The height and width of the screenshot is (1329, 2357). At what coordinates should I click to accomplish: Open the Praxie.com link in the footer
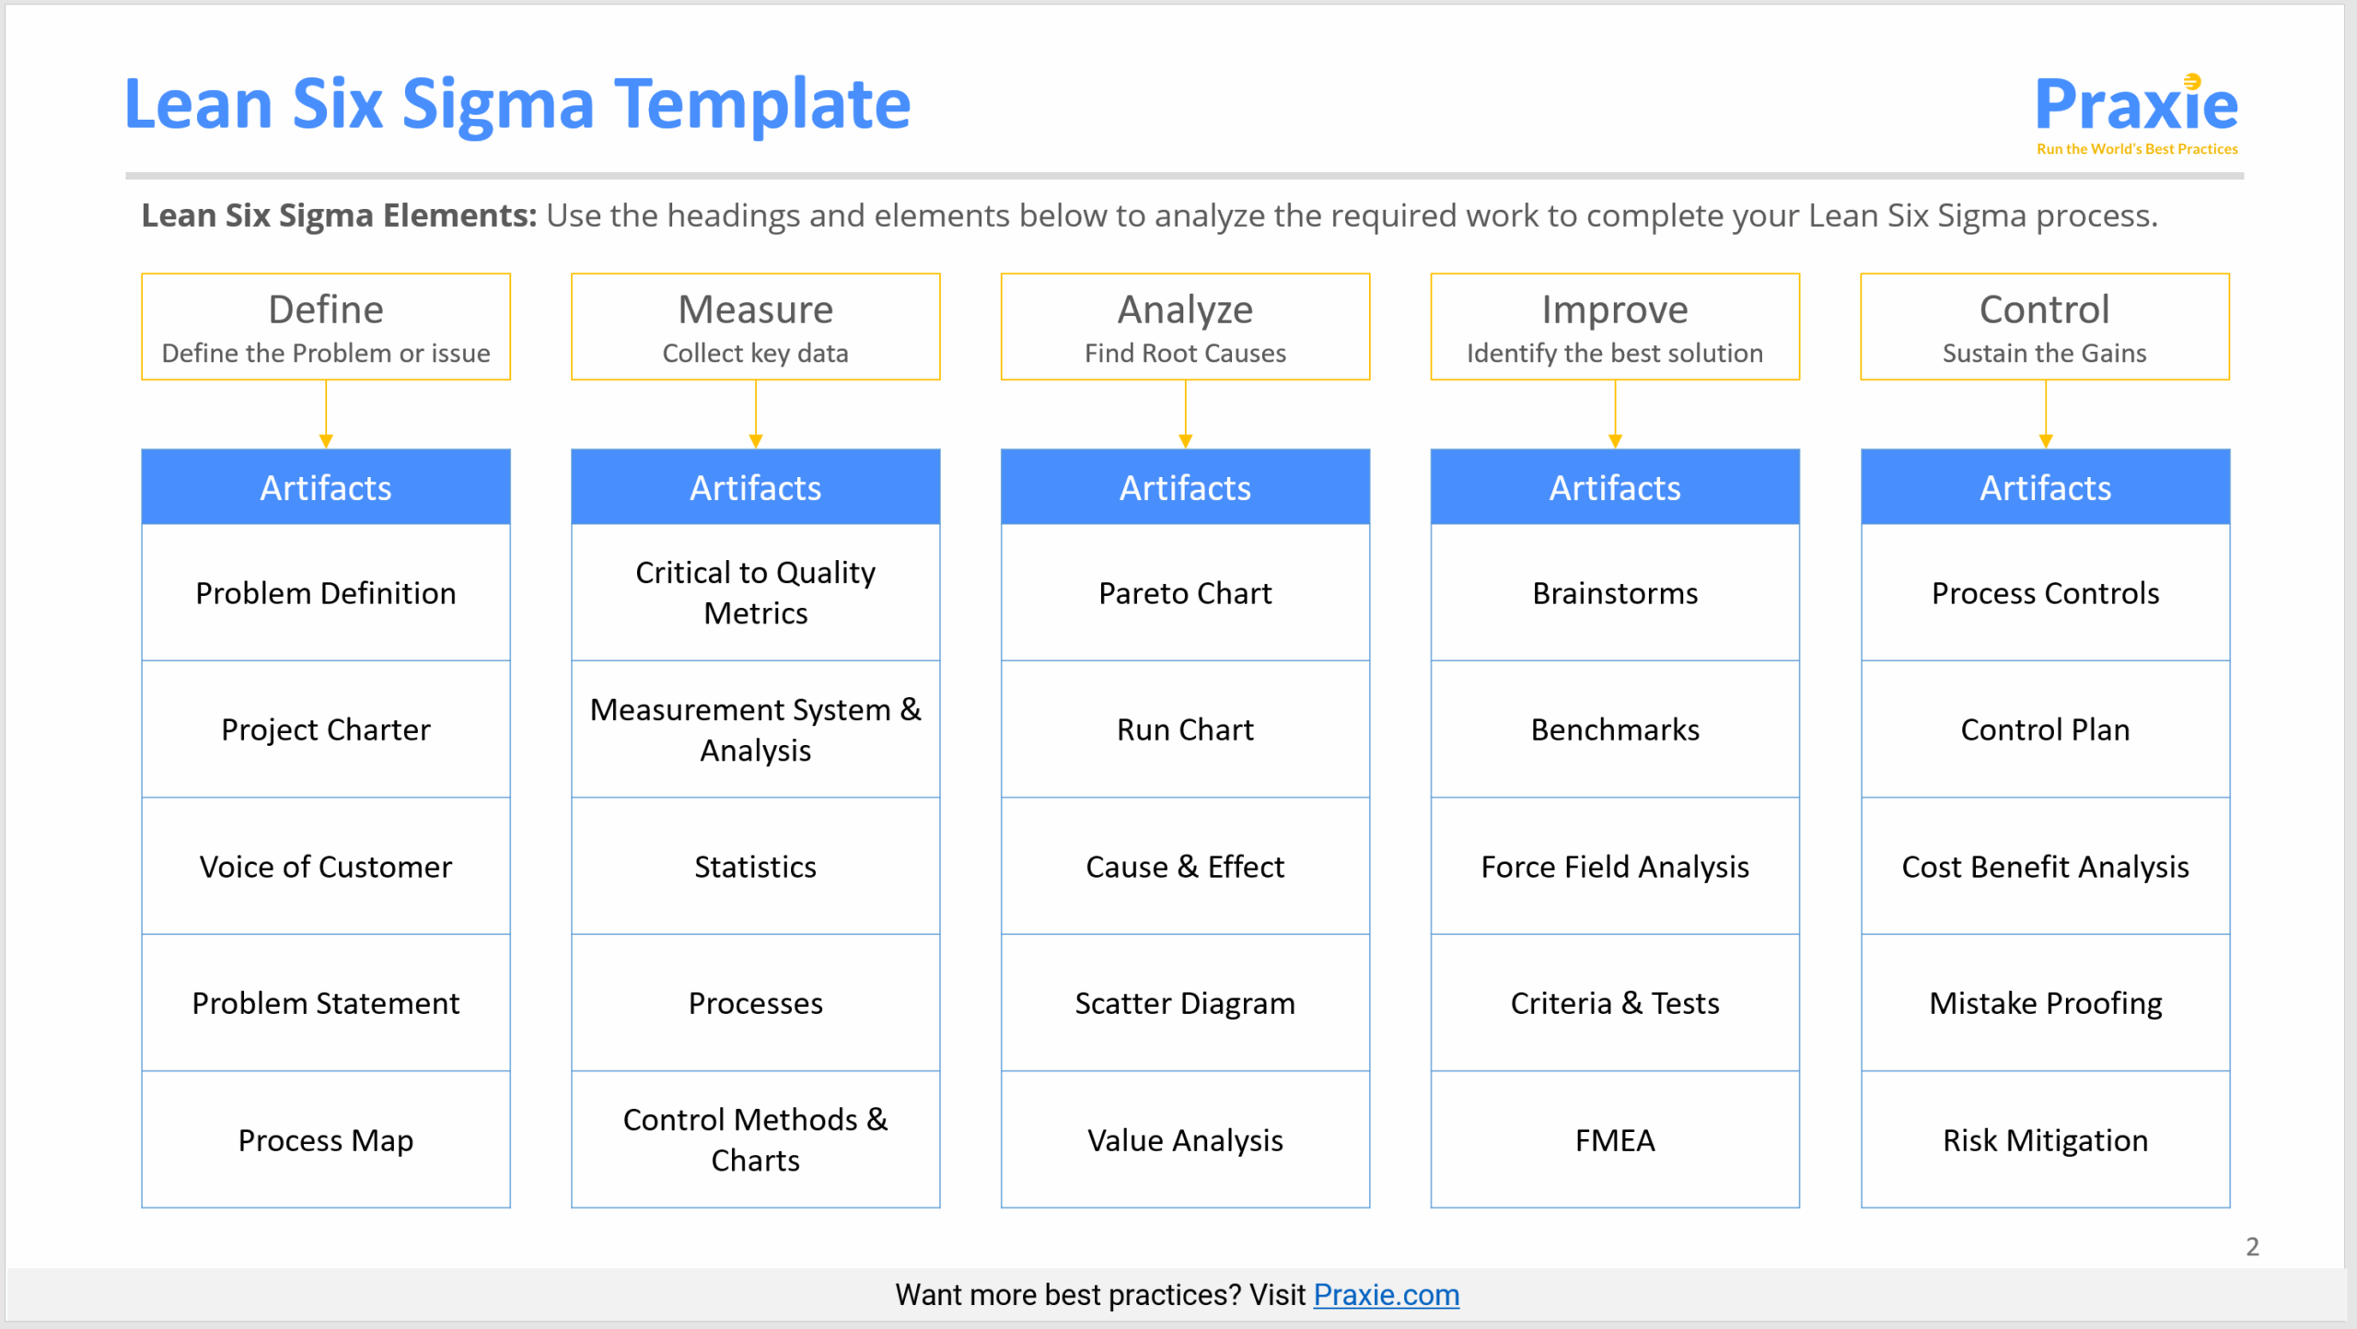1386,1295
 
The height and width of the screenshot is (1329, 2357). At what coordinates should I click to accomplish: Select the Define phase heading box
326,326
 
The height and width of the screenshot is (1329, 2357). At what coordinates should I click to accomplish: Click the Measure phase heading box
755,326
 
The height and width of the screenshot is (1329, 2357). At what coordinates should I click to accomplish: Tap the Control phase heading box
2044,326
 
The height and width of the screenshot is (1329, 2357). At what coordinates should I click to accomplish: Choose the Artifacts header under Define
326,487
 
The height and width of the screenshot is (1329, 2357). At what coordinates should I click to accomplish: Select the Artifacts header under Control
2045,487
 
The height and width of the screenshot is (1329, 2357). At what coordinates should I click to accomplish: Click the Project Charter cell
326,729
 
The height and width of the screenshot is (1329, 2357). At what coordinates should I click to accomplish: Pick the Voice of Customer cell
326,867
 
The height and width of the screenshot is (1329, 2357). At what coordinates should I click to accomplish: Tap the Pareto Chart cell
1185,593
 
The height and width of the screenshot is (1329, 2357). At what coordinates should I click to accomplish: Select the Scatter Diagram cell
1185,1003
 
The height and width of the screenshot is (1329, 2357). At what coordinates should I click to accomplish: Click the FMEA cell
1615,1140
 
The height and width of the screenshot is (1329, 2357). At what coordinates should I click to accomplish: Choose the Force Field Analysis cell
1615,867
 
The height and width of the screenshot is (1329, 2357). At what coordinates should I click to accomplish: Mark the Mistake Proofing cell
2045,1003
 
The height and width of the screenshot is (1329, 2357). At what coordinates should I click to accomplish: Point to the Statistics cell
755,867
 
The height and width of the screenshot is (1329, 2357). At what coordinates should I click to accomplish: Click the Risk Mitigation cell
2045,1140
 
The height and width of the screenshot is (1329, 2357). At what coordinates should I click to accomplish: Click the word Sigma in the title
498,104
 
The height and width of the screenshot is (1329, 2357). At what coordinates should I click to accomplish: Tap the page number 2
2252,1246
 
